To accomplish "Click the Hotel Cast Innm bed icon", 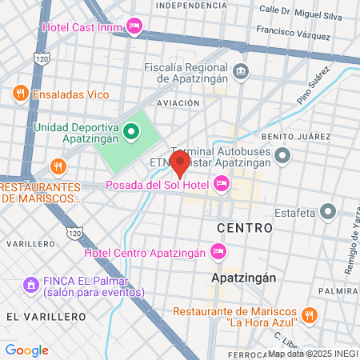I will click(x=135, y=26).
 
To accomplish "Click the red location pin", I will click(x=180, y=164).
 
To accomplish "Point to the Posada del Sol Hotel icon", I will click(x=222, y=186).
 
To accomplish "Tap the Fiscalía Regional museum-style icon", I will click(x=241, y=72).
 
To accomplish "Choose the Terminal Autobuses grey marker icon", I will click(x=282, y=155).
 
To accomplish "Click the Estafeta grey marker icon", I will click(x=326, y=212).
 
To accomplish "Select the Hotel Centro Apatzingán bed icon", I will click(x=218, y=254).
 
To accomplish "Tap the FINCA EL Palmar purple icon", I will click(x=31, y=284).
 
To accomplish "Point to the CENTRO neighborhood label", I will click(x=245, y=228).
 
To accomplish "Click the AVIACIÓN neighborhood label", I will click(x=178, y=103).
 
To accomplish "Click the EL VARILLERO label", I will click(x=46, y=317).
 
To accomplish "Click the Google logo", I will click(x=26, y=350).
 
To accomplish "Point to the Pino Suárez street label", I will click(x=314, y=90).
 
